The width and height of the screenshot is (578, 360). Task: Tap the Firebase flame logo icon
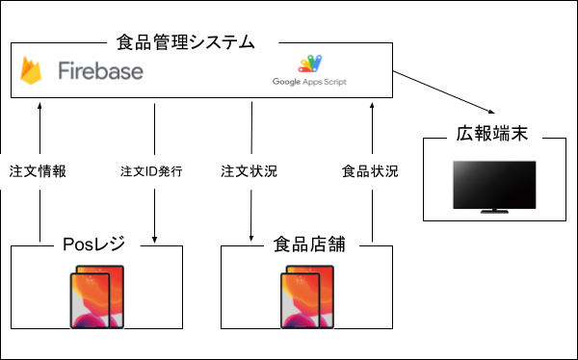click(x=33, y=71)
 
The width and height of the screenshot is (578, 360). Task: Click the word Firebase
click(x=100, y=71)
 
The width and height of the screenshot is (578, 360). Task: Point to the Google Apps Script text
click(x=309, y=82)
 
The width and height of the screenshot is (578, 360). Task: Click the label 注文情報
click(x=38, y=171)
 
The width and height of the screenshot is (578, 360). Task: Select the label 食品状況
click(x=371, y=171)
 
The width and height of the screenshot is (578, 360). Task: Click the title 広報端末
click(x=492, y=135)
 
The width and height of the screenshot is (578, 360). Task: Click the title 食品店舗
click(x=306, y=245)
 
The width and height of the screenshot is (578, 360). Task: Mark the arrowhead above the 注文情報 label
click(x=39, y=103)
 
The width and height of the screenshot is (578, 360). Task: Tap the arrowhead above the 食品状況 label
click(x=371, y=103)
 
